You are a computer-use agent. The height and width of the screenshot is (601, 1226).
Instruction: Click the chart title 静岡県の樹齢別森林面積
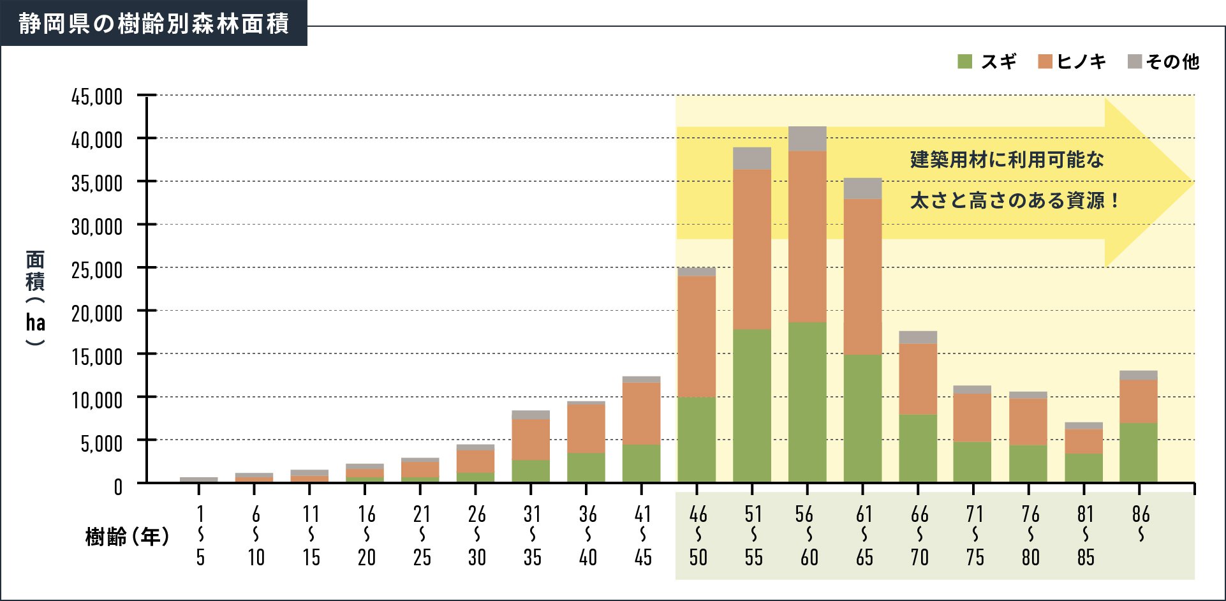pyautogui.click(x=153, y=24)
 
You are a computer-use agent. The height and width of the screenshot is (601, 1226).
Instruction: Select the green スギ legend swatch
pyautogui.click(x=964, y=61)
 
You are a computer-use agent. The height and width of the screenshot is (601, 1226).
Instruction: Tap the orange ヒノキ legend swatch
pyautogui.click(x=1045, y=61)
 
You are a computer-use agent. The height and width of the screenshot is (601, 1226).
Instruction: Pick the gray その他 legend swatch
pyautogui.click(x=1135, y=61)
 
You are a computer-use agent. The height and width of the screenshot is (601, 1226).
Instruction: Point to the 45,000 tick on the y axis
pyautogui.click(x=97, y=97)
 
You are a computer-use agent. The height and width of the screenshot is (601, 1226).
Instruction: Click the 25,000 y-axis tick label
pyautogui.click(x=97, y=270)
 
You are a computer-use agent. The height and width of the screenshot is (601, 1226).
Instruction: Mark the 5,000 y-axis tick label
pyautogui.click(x=101, y=443)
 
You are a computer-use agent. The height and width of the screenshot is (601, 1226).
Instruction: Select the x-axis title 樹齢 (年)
pyautogui.click(x=127, y=537)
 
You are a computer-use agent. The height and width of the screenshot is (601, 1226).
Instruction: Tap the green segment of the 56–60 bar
pyautogui.click(x=807, y=402)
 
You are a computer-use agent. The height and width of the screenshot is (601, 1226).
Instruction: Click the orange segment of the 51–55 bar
pyautogui.click(x=752, y=249)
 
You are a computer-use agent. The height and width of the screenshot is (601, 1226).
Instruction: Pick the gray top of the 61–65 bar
pyautogui.click(x=862, y=188)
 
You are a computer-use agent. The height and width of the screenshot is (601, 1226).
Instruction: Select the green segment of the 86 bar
pyautogui.click(x=1139, y=452)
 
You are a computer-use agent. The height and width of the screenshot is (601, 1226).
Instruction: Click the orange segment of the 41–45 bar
pyautogui.click(x=641, y=413)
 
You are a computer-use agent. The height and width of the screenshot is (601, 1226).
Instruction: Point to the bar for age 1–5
pyautogui.click(x=198, y=479)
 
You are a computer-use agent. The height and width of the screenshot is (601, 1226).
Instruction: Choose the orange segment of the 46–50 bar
pyautogui.click(x=697, y=336)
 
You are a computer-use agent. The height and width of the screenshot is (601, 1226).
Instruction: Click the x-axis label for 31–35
pyautogui.click(x=532, y=535)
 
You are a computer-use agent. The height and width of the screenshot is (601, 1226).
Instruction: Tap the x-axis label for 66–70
pyautogui.click(x=919, y=535)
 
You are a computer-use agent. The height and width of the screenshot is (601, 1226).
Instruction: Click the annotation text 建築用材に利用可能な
pyautogui.click(x=1007, y=160)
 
